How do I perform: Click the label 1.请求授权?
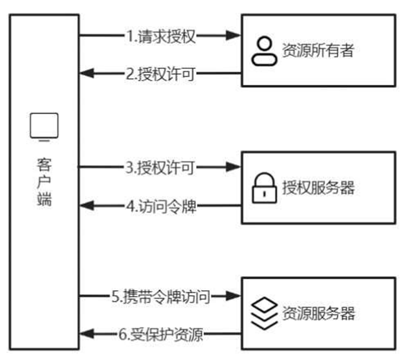pos(160,37)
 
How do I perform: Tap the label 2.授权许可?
pos(160,74)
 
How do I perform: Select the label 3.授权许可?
pos(160,168)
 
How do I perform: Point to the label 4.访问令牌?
pos(160,205)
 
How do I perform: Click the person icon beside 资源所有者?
pos(264,51)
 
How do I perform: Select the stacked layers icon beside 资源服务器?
pos(264,313)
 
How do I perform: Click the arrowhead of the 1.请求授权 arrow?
pos(233,36)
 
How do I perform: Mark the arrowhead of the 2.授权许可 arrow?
pos(86,74)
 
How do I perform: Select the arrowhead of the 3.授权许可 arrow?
pos(233,168)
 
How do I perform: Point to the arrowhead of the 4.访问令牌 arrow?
pos(86,205)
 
